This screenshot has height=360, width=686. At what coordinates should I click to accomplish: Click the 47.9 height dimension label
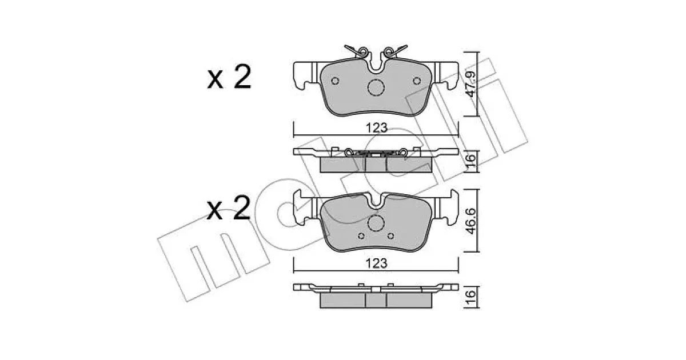[x=471, y=84]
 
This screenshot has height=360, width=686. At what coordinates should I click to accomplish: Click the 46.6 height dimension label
[x=471, y=221]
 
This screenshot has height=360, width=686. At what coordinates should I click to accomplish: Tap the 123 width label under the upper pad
[x=377, y=128]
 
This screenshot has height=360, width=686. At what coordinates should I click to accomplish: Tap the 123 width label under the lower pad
[x=377, y=263]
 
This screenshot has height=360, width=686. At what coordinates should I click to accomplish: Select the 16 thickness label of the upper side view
[x=471, y=161]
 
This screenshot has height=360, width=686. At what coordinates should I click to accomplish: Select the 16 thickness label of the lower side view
[x=471, y=297]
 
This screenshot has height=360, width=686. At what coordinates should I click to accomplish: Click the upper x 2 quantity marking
[x=229, y=77]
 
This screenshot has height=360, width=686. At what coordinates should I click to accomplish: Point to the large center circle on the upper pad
[x=376, y=87]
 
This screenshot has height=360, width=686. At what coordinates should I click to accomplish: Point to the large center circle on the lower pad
[x=376, y=223]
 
